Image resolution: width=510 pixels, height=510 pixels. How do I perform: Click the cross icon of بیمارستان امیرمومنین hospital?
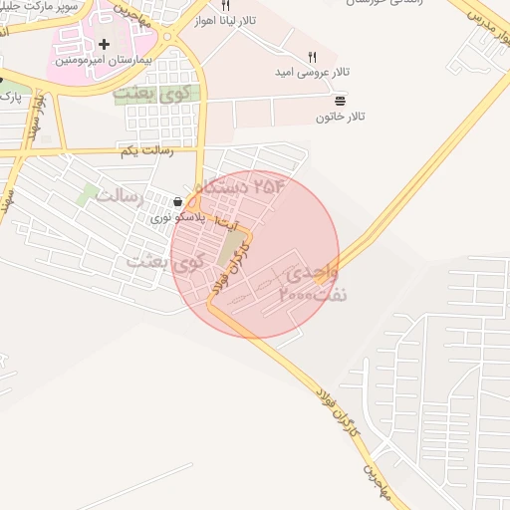pyautogui.click(x=104, y=44)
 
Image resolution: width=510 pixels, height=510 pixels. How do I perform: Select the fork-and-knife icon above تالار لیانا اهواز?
pyautogui.click(x=225, y=6)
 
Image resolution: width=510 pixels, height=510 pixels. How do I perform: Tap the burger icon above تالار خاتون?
pyautogui.click(x=341, y=102)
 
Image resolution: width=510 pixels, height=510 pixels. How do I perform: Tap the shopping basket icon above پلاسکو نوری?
pyautogui.click(x=177, y=201)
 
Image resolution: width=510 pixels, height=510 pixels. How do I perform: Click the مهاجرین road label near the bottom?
pyautogui.click(x=373, y=460)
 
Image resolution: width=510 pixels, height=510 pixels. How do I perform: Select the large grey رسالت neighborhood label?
pyautogui.click(x=123, y=196)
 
